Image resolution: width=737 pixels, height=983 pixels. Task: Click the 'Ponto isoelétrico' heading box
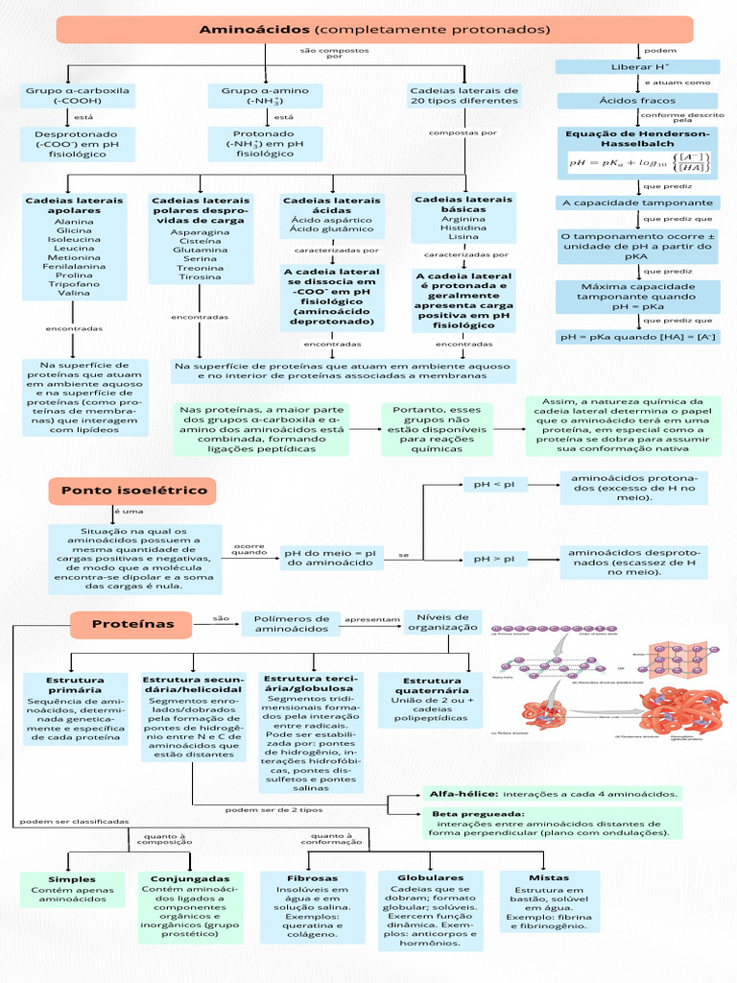pos(133,491)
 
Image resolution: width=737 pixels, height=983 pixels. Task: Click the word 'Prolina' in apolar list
pos(74,275)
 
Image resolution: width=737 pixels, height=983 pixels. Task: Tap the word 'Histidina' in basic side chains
pos(464,228)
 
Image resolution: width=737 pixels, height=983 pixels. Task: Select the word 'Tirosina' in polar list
pos(200,276)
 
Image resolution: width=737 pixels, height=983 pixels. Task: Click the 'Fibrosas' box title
pos(312,878)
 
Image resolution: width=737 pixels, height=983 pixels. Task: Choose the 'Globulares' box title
pos(431,877)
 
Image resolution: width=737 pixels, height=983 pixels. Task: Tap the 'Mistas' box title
pos(549,877)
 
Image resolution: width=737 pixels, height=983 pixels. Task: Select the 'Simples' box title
pos(73,879)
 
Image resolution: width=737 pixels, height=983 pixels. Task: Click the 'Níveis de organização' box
pos(441,622)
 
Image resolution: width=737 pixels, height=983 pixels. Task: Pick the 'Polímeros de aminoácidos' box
pos(291,624)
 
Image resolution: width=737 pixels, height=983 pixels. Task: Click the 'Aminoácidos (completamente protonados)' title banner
pos(374,30)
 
